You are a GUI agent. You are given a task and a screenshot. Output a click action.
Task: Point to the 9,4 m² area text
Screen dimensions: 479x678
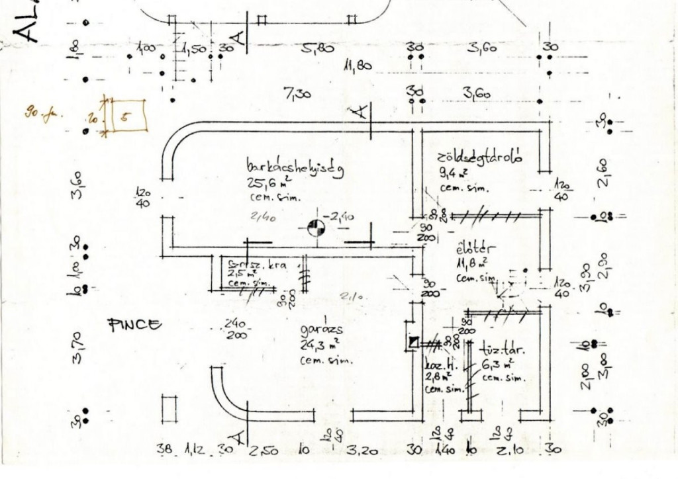pyautogui.click(x=454, y=174)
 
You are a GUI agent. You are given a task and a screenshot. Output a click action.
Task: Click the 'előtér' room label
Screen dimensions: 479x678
pyautogui.click(x=472, y=251)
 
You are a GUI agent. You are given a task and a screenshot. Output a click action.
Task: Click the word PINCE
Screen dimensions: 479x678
pyautogui.click(x=134, y=324)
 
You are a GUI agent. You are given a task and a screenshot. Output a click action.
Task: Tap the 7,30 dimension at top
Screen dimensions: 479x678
pyautogui.click(x=297, y=95)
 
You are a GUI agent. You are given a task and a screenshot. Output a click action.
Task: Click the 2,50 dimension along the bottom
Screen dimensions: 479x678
pyautogui.click(x=264, y=452)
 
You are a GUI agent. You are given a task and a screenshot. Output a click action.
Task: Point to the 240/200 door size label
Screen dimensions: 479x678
pyautogui.click(x=236, y=329)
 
